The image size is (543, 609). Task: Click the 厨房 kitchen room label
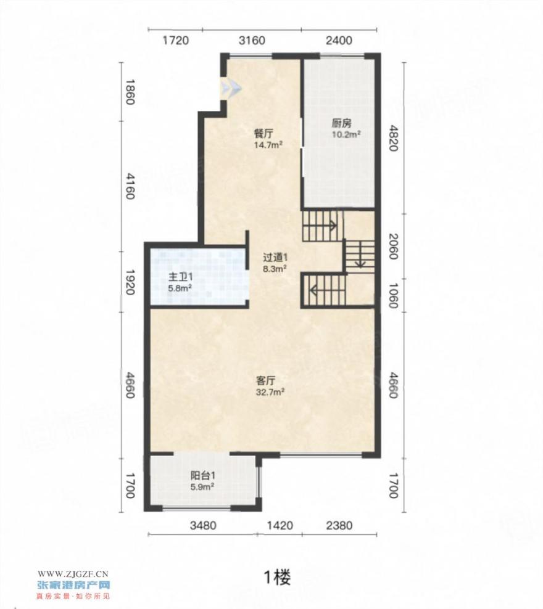[x=342, y=123]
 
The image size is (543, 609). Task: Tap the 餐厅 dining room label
[x=263, y=134]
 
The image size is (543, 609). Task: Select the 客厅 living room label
[x=266, y=380]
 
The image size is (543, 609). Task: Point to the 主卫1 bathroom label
[x=180, y=277]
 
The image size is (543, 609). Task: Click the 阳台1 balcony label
[x=203, y=475]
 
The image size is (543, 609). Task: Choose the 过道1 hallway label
[x=275, y=257]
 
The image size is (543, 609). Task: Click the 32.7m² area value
[x=270, y=392]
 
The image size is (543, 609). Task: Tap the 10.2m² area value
[x=346, y=135]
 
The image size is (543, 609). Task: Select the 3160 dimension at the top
[x=252, y=41]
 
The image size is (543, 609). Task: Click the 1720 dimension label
[x=176, y=41]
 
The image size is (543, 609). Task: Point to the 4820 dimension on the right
[x=393, y=138]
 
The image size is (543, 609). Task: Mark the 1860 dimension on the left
[x=130, y=92]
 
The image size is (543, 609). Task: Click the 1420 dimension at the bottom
[x=280, y=526]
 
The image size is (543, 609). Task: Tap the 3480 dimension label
[x=203, y=526]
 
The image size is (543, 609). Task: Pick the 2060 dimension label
[x=393, y=247]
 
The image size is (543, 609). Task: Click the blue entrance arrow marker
[x=231, y=88]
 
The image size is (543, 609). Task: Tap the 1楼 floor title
[x=277, y=578]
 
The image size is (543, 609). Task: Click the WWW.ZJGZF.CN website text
[x=73, y=574]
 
